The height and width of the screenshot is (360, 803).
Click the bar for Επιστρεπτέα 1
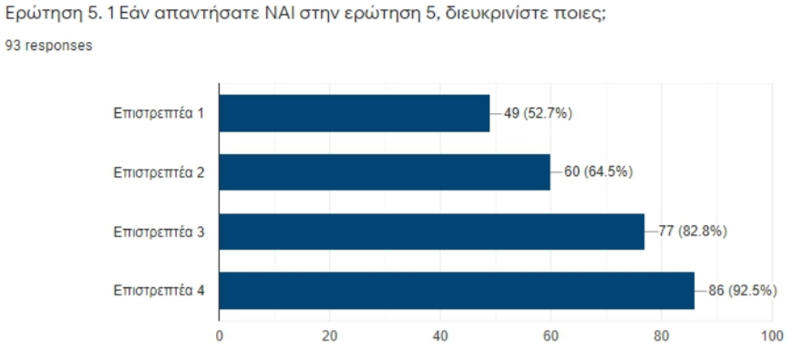pyautogui.click(x=355, y=113)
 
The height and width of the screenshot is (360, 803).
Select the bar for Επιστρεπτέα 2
pyautogui.click(x=385, y=172)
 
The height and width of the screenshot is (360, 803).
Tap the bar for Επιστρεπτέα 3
pyautogui.click(x=431, y=231)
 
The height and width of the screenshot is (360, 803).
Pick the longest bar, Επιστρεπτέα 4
pyautogui.click(x=457, y=291)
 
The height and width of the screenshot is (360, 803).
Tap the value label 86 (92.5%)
pyautogui.click(x=742, y=291)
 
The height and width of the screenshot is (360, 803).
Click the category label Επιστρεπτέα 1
pyautogui.click(x=159, y=113)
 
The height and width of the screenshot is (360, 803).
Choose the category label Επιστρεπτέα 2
pyautogui.click(x=159, y=172)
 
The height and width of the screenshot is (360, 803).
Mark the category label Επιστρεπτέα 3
pyautogui.click(x=159, y=231)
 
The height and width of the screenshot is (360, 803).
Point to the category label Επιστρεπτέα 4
pyautogui.click(x=159, y=291)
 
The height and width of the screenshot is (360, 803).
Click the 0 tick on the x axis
pyautogui.click(x=220, y=335)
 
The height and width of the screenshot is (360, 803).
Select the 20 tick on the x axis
pyautogui.click(x=330, y=335)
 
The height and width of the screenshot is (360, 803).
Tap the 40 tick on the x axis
pyautogui.click(x=440, y=335)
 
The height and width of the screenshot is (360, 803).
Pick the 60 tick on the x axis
pyautogui.click(x=551, y=335)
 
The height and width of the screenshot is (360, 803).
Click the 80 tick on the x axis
pyautogui.click(x=662, y=335)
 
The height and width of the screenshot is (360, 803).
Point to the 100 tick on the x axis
pyautogui.click(x=772, y=335)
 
